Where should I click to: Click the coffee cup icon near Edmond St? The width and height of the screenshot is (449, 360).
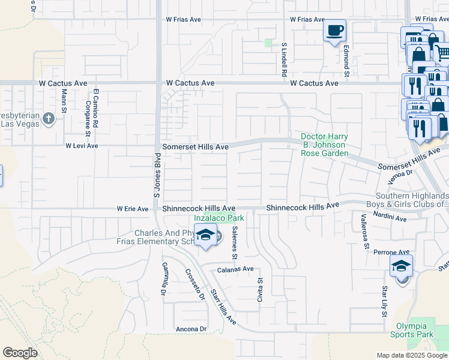click(x=335, y=29)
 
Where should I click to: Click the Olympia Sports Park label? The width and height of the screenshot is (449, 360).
click(x=411, y=329)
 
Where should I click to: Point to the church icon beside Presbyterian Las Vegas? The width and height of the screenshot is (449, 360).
click(x=49, y=119)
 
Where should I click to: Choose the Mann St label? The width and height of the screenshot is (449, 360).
click(x=64, y=101)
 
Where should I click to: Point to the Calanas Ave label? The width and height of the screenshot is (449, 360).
click(x=235, y=269)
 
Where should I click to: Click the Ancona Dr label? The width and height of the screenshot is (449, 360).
click(x=191, y=329)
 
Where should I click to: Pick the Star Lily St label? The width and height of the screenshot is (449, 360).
click(x=383, y=301)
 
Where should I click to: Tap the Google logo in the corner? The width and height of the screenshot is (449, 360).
click(x=20, y=353)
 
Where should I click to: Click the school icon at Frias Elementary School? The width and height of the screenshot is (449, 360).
click(x=205, y=235)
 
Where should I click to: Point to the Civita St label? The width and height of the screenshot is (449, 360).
click(x=261, y=290)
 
